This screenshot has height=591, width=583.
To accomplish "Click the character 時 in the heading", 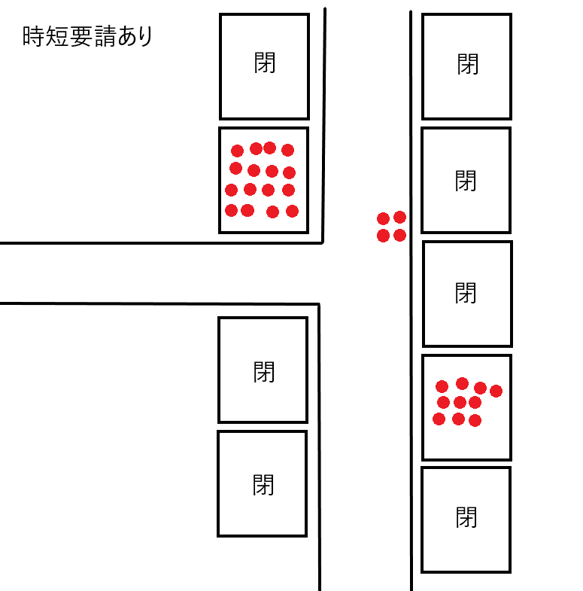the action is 33,37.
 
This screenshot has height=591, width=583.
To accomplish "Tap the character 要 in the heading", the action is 81,37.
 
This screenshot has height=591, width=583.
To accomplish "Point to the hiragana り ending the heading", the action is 145,37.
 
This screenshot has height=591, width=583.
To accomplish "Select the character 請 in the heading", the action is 105,37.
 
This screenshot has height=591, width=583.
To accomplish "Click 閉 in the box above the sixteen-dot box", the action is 265,62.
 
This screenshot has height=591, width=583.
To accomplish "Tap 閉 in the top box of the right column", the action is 468,64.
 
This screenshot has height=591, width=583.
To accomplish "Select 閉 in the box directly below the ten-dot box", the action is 466,517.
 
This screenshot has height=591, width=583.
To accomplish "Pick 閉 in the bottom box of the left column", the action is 263,485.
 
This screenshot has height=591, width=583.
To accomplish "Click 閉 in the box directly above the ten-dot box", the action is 466,293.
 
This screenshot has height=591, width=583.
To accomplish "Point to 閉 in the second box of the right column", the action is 466,181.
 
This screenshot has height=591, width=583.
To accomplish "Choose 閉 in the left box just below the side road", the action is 264,372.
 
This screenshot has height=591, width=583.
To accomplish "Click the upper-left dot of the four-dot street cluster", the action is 383,218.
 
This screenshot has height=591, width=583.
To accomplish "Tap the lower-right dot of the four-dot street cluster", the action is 399,235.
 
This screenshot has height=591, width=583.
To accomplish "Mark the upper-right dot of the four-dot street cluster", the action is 399,217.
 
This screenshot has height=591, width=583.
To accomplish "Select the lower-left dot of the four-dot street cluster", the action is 383,236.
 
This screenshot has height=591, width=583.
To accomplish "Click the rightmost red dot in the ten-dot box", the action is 496,391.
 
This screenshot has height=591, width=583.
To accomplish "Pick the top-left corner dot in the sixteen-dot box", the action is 237,151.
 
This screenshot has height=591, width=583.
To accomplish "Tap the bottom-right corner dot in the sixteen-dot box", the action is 293,211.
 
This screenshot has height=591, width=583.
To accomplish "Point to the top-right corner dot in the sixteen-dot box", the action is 287,150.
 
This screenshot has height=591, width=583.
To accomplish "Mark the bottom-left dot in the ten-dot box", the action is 439,419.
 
